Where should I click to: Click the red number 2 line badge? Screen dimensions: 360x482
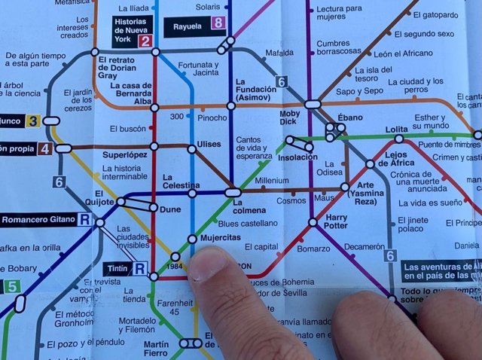[x=144, y=42]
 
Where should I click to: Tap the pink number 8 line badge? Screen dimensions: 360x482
[x=219, y=23]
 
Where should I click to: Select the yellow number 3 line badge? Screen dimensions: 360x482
[x=32, y=121]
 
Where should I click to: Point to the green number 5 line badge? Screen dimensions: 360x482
[x=11, y=286]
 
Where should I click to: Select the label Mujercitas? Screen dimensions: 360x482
[x=219, y=237]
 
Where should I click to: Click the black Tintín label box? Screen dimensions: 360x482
[x=117, y=268]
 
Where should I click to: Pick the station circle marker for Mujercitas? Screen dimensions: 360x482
[x=193, y=239]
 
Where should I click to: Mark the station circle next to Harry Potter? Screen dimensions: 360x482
[x=313, y=222]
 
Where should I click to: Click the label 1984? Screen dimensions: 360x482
[x=175, y=267]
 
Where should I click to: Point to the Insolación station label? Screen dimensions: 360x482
[x=297, y=158]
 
